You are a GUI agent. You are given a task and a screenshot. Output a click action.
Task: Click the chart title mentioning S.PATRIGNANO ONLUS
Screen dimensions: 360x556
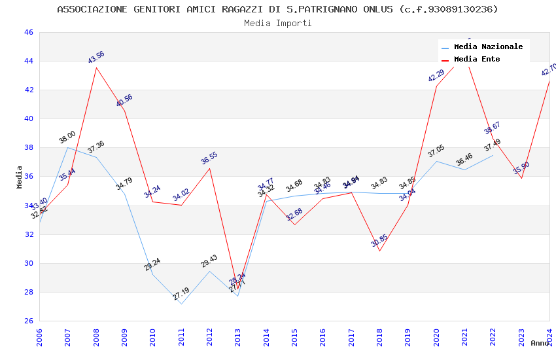tap(277, 9)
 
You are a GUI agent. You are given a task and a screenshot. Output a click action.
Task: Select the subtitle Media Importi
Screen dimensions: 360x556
tap(277, 23)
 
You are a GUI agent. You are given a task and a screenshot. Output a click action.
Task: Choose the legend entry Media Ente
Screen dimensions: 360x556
tap(477, 60)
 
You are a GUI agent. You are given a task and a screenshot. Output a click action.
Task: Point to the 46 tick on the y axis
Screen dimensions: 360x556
tap(28, 32)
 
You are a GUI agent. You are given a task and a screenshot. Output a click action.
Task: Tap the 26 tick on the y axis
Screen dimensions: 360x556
tap(28, 321)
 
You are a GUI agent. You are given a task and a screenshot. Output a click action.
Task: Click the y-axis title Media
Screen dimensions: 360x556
tap(20, 177)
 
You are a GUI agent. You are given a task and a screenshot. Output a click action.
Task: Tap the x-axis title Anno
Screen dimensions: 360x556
tap(540, 343)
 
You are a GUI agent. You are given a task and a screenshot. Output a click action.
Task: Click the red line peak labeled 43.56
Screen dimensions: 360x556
tap(96, 67)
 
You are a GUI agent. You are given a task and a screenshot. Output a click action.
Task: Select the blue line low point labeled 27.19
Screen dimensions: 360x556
tap(181, 304)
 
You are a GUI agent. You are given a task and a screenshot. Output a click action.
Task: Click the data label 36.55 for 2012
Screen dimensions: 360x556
tap(209, 158)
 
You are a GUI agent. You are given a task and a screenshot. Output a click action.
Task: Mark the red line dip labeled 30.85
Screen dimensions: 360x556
tap(379, 251)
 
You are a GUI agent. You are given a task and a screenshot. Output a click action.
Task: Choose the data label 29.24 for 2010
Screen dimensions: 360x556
tap(152, 264)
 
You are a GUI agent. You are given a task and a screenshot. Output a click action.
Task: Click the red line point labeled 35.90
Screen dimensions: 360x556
tap(521, 178)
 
